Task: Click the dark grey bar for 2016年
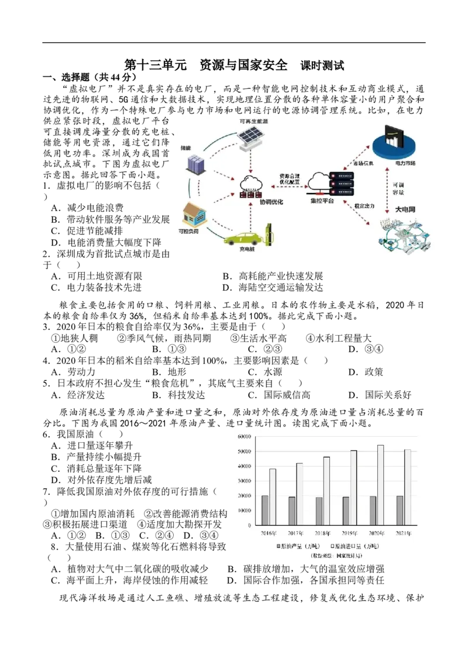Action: pos(264,510)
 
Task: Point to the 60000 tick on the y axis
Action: pos(244,437)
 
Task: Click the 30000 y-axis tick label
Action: pos(244,481)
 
